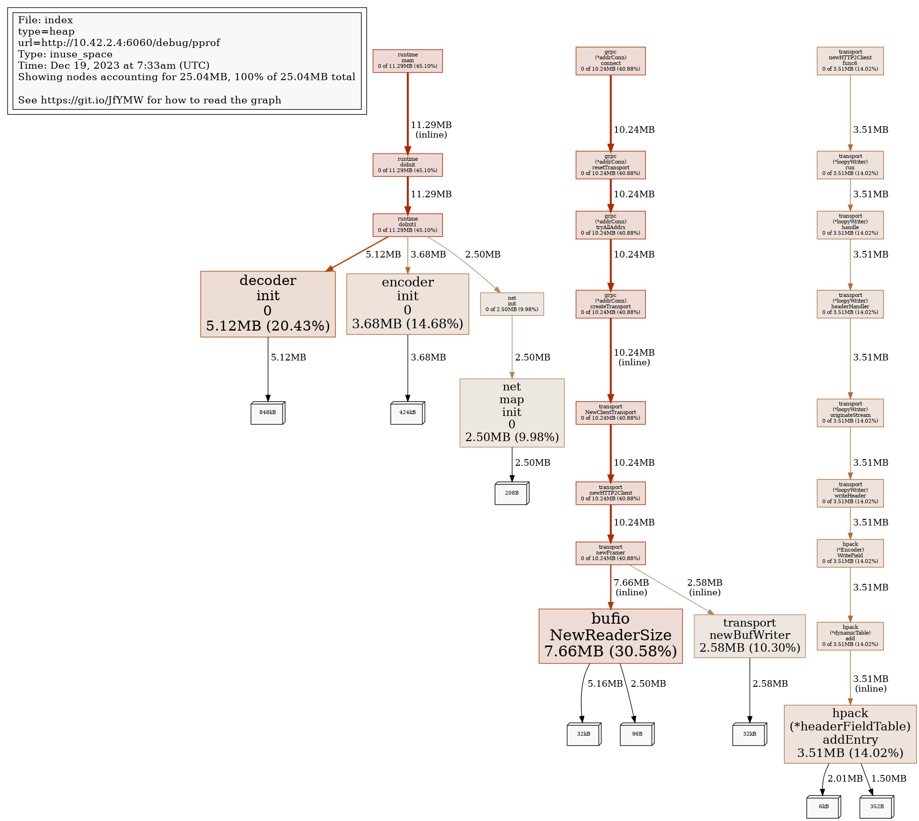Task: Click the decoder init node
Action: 267,304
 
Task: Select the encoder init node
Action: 407,304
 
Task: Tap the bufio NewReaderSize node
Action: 610,636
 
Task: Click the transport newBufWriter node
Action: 749,636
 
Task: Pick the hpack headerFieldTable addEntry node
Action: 850,733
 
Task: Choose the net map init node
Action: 512,412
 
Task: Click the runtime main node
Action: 407,61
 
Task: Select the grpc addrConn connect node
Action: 610,61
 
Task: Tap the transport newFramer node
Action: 610,553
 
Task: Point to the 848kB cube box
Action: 267,413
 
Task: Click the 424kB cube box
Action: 407,413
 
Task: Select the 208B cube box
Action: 512,493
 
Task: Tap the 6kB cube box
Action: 823,807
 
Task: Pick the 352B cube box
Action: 876,807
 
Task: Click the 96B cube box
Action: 637,734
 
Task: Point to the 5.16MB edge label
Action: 605,683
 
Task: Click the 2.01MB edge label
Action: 845,778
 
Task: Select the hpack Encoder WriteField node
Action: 850,553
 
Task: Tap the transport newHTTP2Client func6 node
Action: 850,61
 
